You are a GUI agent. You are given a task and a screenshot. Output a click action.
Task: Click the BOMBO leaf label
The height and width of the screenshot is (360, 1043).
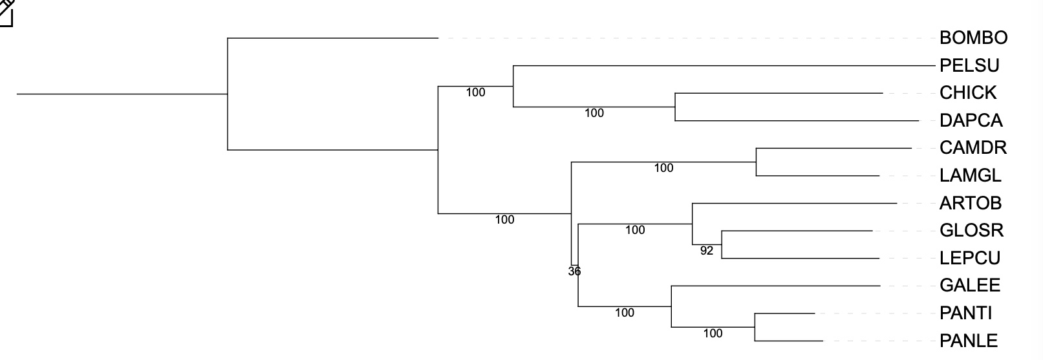tap(973, 38)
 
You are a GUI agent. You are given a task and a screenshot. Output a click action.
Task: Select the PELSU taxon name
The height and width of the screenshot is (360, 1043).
tap(969, 65)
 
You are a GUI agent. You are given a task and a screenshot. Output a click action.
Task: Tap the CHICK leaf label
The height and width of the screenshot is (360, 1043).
tap(968, 93)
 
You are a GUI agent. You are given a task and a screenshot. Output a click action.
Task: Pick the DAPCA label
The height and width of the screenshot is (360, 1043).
tap(971, 121)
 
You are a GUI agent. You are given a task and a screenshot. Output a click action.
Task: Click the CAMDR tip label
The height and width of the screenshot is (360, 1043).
tap(973, 148)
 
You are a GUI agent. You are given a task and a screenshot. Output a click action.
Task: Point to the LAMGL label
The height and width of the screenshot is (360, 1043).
tap(970, 176)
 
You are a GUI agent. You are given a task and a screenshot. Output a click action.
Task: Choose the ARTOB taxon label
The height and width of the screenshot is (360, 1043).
tap(970, 204)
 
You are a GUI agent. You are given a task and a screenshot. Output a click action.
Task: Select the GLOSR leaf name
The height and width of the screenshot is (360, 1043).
tap(971, 231)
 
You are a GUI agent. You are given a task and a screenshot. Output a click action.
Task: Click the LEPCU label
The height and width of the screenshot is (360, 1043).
tap(969, 259)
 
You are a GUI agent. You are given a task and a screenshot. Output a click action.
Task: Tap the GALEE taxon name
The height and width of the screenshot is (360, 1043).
tap(969, 286)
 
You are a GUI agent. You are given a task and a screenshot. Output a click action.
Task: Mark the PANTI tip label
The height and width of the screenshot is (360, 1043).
tap(965, 313)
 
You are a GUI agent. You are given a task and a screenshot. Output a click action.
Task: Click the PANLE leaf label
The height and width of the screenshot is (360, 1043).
tap(968, 341)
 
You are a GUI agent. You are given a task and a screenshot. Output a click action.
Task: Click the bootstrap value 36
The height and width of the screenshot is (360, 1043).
tap(574, 271)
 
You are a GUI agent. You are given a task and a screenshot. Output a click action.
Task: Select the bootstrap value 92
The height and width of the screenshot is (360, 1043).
tap(707, 251)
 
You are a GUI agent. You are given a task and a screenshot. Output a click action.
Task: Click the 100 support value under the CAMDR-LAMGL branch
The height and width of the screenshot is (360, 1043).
tap(663, 168)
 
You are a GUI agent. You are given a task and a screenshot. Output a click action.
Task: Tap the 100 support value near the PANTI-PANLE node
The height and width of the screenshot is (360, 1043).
tap(713, 334)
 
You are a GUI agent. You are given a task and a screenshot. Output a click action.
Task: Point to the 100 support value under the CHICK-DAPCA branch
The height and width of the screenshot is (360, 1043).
tap(594, 113)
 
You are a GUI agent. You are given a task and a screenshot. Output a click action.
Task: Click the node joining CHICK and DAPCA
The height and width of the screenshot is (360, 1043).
tap(675, 107)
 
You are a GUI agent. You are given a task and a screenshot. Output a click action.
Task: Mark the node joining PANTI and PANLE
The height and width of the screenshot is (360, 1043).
tap(755, 327)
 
